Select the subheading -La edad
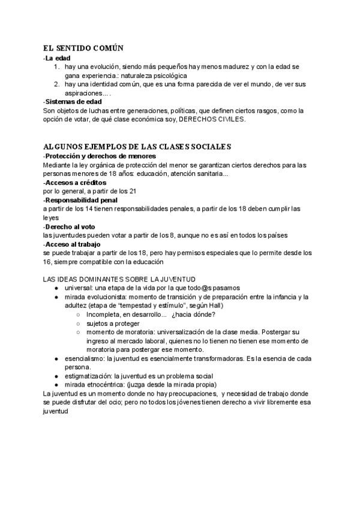[x=58, y=58]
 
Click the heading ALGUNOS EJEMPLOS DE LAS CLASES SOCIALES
[x=137, y=147]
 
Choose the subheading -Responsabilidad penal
[x=81, y=199]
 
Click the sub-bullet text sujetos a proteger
[x=113, y=323]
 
